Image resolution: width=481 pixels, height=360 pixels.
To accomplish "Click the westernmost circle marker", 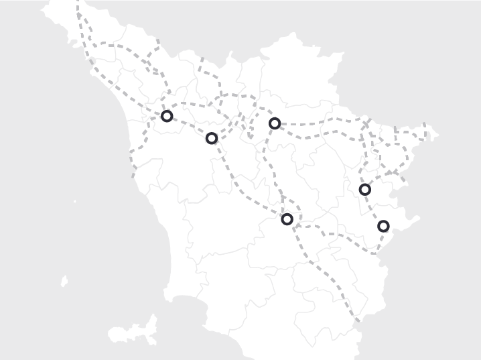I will pos(167,116).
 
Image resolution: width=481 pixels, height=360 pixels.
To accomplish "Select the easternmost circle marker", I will pos(383,227).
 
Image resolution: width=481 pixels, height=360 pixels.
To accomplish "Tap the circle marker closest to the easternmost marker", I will pos(364,190).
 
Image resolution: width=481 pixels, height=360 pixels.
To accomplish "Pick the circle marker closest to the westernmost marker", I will pos(212,138).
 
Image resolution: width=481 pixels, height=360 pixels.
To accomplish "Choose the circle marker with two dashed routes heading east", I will pos(274,123).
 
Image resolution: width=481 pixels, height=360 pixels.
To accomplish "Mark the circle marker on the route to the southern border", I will pos(287,219).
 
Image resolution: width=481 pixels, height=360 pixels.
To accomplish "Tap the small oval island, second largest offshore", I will pos(65,282).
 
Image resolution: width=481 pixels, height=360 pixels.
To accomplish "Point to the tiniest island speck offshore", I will pos(74,201).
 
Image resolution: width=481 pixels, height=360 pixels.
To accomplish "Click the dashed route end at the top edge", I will pos(78,3).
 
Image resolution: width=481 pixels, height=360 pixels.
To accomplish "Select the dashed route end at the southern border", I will pos(357,320).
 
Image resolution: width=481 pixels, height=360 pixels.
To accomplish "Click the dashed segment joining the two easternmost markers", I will pos(373,208).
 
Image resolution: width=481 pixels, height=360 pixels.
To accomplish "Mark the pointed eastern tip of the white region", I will pos(437,135).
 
